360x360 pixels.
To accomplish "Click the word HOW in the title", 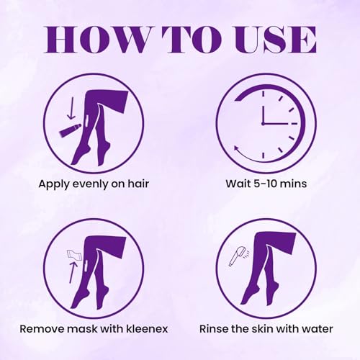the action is (96, 40).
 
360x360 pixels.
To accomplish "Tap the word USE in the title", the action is (275, 40).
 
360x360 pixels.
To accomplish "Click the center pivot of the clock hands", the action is (264, 124).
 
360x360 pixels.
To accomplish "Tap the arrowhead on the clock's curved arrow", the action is (237, 148).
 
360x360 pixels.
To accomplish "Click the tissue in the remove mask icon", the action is (75, 255).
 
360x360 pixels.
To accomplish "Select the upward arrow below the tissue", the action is (73, 273).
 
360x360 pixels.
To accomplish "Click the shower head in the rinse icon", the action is (238, 256).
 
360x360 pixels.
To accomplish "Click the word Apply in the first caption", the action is (53, 184).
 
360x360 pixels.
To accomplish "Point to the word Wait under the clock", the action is (237, 184).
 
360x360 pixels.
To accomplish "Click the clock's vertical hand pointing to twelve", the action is (264, 114).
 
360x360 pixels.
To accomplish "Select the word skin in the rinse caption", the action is (262, 328).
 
